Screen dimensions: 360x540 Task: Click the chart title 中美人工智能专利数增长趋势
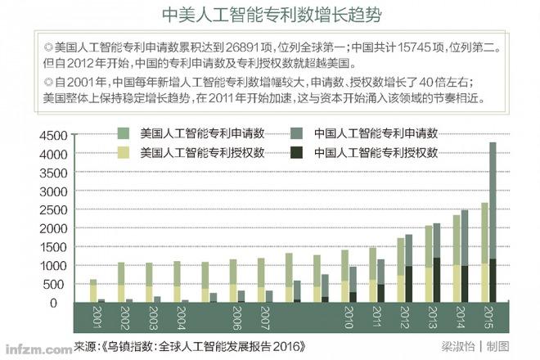click(271, 16)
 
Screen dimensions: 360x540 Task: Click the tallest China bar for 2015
click(493, 213)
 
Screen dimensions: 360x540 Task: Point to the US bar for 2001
click(93, 291)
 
